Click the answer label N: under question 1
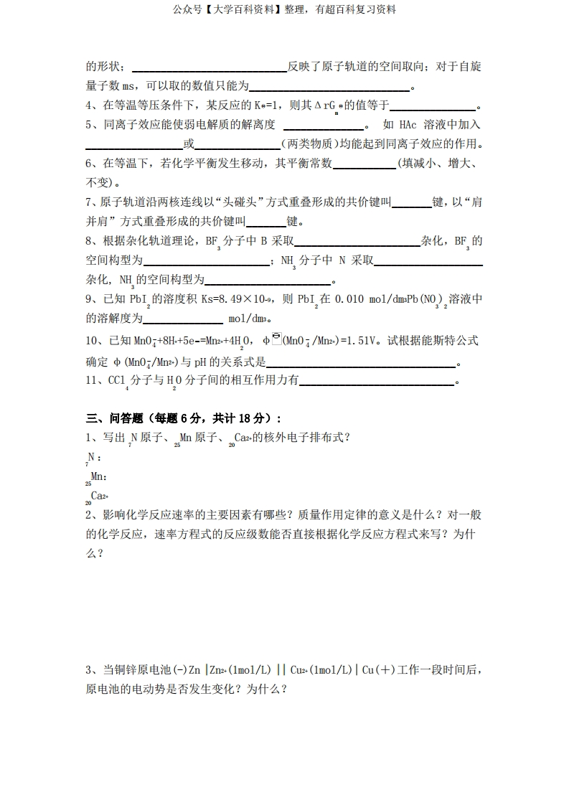(x=93, y=457)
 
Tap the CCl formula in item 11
(x=117, y=381)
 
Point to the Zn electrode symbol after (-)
(x=194, y=670)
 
